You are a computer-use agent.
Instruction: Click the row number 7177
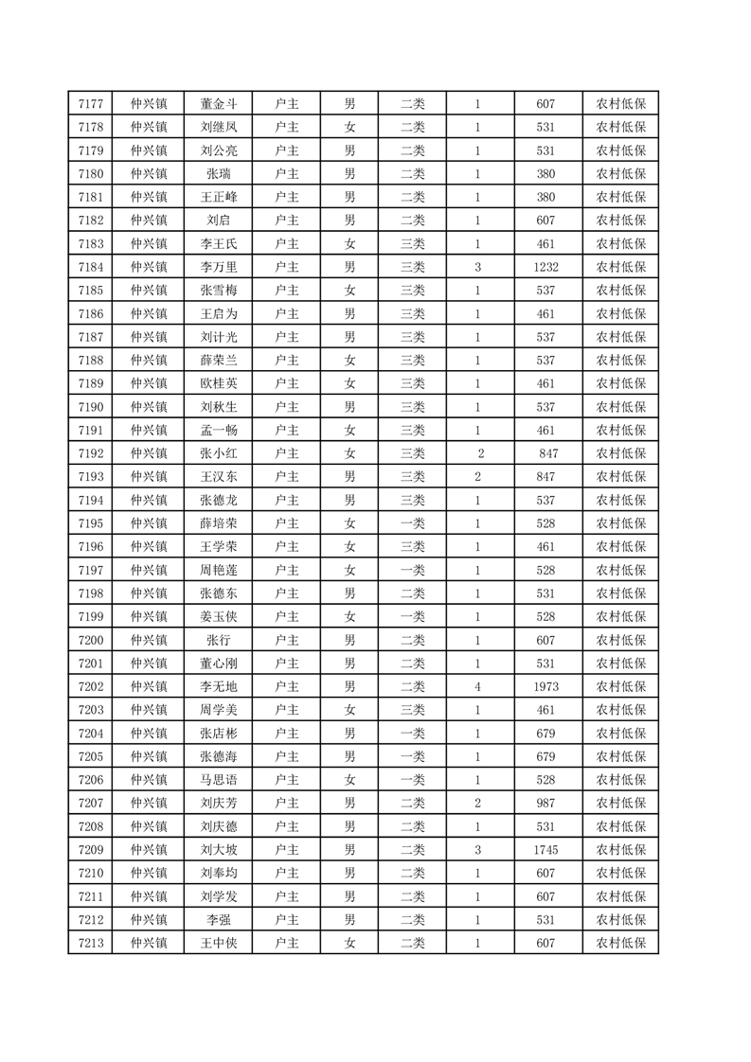(x=90, y=104)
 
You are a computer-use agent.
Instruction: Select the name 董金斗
(x=218, y=104)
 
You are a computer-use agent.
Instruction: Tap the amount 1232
(x=545, y=267)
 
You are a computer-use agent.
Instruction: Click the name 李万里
(x=218, y=267)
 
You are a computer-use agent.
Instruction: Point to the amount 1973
(x=545, y=686)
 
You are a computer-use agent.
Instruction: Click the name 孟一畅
(x=218, y=430)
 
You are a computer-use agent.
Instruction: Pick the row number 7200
(x=90, y=640)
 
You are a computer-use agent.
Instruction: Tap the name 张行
(x=218, y=640)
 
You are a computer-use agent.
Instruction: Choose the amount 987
(x=545, y=803)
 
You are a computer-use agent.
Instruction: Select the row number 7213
(x=90, y=943)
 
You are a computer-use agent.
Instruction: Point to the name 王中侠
(x=218, y=943)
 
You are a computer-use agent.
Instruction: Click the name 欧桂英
(x=218, y=383)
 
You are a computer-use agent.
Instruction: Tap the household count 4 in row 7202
(x=477, y=686)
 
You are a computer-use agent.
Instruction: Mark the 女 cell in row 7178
(x=349, y=127)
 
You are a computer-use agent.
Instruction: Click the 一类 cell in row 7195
(x=413, y=523)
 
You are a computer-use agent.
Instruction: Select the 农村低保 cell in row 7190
(x=620, y=407)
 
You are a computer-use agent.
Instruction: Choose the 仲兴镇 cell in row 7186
(x=149, y=313)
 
